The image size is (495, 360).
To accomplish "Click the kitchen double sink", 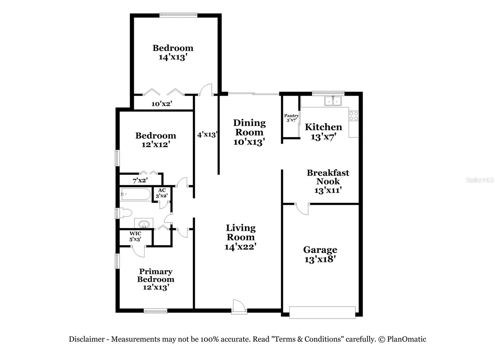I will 333,101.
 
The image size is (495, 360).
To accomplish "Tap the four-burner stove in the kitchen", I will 354,116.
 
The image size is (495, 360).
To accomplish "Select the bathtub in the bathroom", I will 136,194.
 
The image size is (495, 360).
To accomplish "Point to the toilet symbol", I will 125,213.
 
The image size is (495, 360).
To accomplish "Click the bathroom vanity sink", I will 144,224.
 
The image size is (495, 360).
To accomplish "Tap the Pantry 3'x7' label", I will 291,118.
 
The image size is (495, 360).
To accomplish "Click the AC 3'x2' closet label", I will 162,193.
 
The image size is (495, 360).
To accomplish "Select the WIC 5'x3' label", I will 135,236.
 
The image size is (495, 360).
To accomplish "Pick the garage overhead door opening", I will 322,312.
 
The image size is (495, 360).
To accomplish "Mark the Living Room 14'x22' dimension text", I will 240,246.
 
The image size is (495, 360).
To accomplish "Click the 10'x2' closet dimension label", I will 161,104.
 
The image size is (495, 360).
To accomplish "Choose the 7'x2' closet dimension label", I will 140,180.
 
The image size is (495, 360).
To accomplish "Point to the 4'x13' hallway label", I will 207,135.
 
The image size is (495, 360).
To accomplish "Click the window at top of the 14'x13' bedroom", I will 178,15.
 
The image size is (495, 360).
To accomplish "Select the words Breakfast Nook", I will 328,177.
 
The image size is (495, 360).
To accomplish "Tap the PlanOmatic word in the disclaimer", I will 407,339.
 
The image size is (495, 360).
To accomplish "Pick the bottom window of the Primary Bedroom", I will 156,311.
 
